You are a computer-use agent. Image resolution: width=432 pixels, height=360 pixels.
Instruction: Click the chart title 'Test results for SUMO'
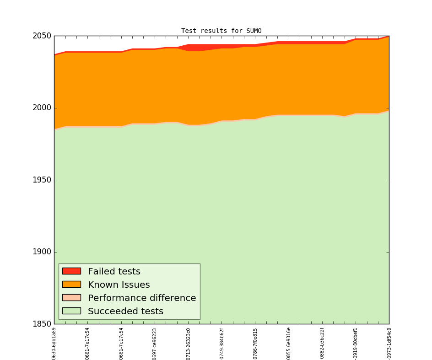pos(221,31)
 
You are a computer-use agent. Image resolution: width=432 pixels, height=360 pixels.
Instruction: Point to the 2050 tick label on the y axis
pos(42,36)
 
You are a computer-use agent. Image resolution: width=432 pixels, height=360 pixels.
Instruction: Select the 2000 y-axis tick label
pos(42,108)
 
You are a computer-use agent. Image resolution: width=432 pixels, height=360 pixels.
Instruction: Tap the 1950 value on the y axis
pos(42,180)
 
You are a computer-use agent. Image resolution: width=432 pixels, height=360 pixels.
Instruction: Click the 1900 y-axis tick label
pos(42,252)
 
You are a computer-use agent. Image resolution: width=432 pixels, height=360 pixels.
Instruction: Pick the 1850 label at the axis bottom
pos(42,324)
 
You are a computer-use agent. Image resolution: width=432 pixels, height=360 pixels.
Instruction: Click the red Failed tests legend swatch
pos(71,271)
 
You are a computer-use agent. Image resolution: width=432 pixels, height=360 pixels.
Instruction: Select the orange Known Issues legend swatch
pos(71,285)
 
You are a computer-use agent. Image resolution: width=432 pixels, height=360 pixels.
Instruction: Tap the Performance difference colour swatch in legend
pos(71,298)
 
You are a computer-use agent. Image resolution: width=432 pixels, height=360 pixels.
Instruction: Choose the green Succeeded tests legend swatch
pos(71,311)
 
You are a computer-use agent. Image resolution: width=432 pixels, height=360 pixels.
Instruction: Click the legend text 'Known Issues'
pos(119,285)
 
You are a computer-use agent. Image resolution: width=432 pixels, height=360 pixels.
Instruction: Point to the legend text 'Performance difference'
pos(142,298)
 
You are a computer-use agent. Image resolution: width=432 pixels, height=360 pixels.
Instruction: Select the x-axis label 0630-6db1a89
pos(54,344)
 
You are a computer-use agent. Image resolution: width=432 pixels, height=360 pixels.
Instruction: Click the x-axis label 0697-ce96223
pos(155,344)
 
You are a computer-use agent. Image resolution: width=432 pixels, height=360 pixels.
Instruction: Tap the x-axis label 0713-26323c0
pos(188,344)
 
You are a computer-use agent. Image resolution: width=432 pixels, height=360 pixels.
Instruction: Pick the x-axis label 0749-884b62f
pos(222,344)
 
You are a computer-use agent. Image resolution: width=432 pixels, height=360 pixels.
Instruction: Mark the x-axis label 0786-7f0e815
pos(255,344)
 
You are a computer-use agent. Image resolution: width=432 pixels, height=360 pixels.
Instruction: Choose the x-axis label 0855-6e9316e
pos(289,344)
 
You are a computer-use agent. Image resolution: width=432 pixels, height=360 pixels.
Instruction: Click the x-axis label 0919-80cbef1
pos(356,344)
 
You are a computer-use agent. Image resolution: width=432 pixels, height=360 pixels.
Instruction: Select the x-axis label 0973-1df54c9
pos(389,344)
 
